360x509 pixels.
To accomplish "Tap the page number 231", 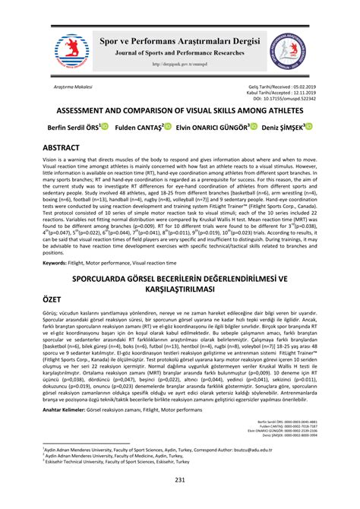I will point(180,481).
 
